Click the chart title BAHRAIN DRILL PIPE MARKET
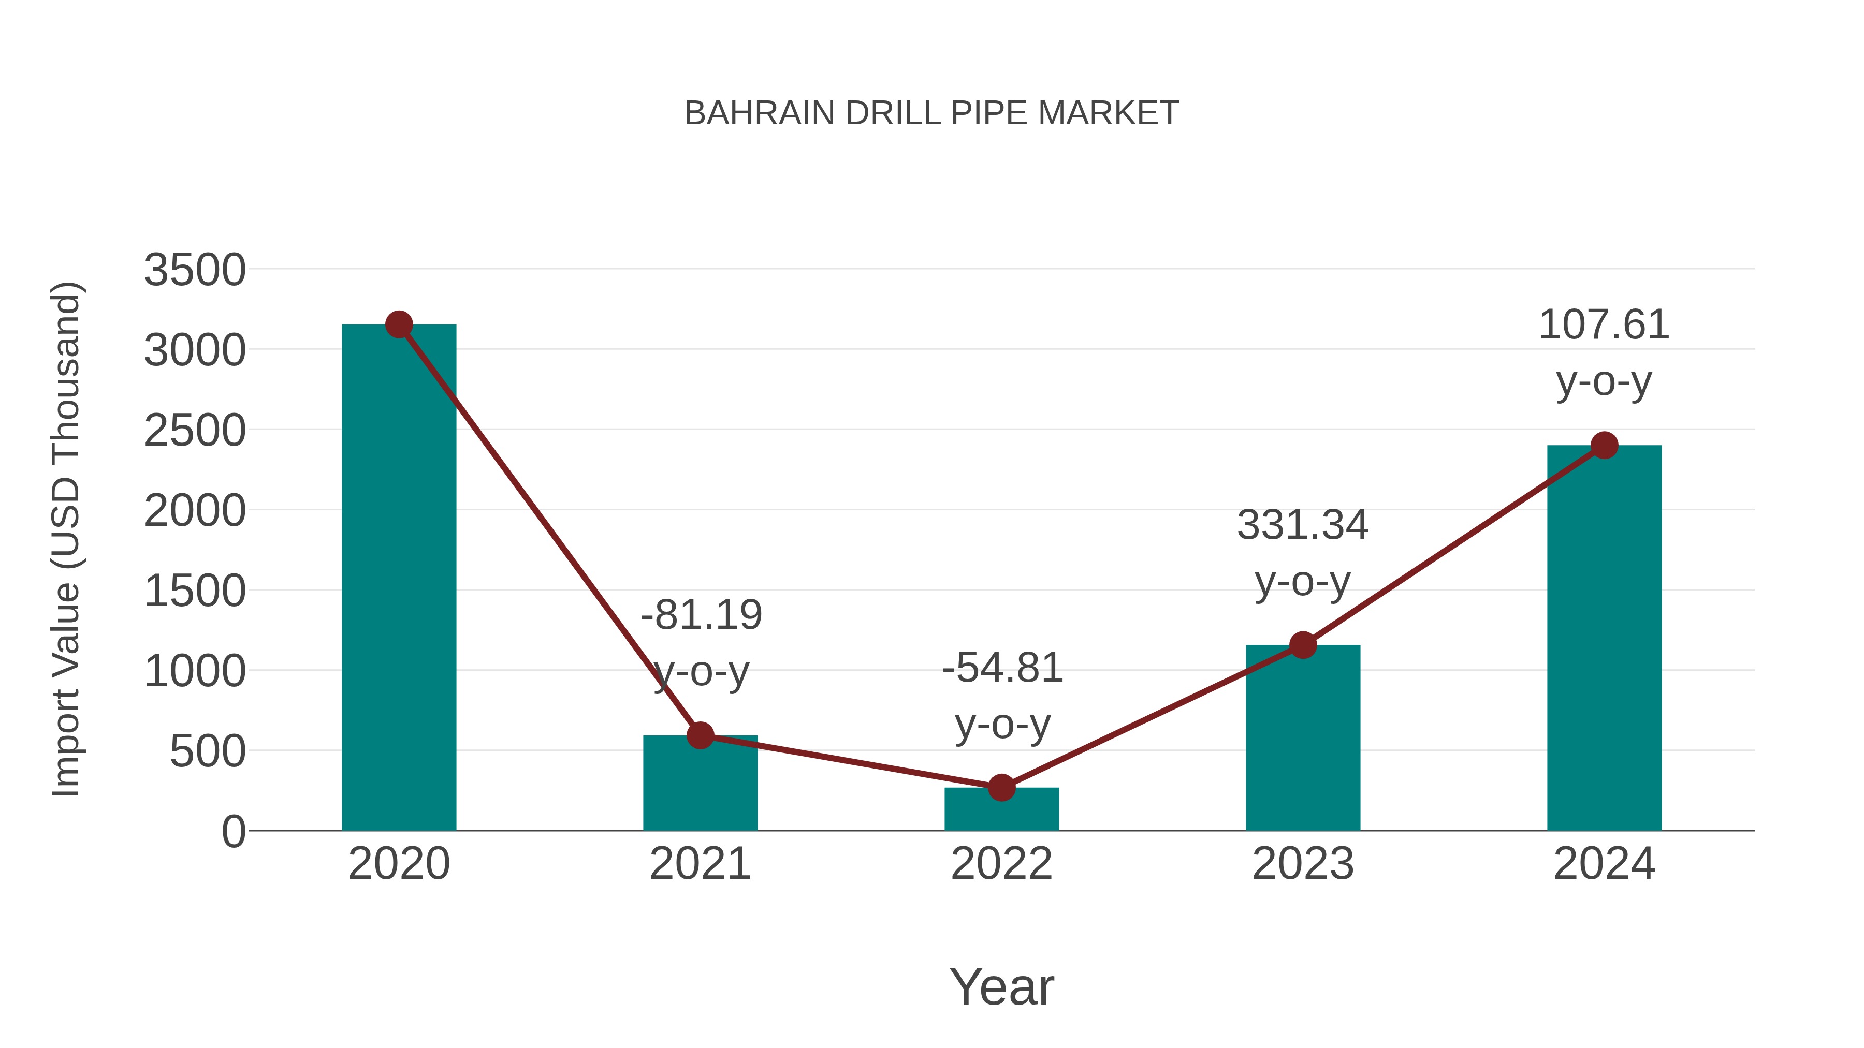[x=931, y=113]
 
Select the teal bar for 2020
[x=399, y=579]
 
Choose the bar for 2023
[x=1303, y=737]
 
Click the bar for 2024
[x=1604, y=637]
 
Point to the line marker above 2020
[x=399, y=324]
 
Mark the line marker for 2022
[x=1001, y=788]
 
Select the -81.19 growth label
[x=701, y=615]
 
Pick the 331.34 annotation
[x=1303, y=525]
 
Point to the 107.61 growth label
[x=1604, y=324]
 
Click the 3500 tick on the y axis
[x=195, y=271]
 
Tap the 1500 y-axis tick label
[x=195, y=592]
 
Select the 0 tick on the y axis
[x=233, y=832]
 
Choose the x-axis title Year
[x=1001, y=986]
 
